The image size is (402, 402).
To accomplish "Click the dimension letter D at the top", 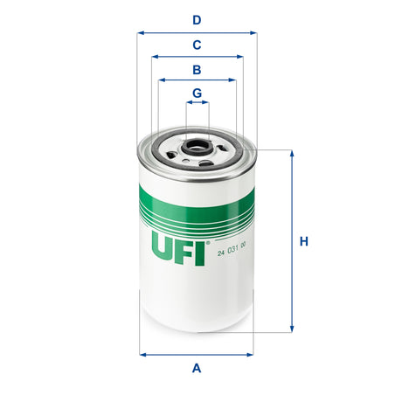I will click(198, 19).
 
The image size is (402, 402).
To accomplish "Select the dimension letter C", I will click(198, 44).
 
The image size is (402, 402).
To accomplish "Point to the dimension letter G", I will click(198, 92).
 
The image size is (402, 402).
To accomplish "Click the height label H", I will click(304, 241).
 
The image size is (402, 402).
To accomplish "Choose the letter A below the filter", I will click(198, 368).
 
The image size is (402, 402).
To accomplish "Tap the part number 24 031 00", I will click(232, 250).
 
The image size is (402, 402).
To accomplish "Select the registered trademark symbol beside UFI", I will click(206, 241).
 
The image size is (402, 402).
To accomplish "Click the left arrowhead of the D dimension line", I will click(141, 33).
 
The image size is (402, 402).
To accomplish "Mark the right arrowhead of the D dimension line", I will click(254, 33).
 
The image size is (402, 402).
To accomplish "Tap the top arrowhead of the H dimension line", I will click(291, 153).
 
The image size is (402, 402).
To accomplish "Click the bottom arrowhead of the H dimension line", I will click(291, 329).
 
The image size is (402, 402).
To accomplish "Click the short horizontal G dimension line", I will click(198, 103).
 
